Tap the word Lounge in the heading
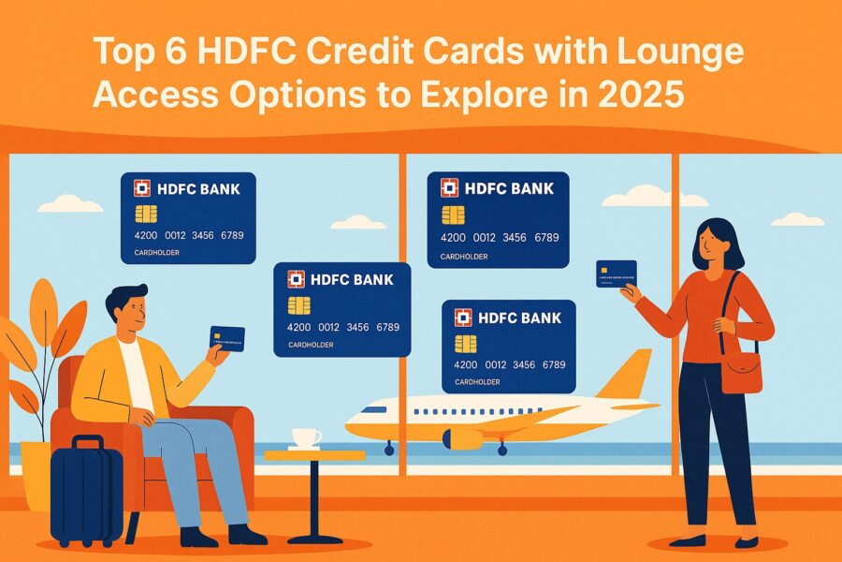(687, 52)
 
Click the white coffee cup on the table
(306, 437)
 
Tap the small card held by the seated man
(227, 337)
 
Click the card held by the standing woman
(616, 274)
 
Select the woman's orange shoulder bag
(741, 371)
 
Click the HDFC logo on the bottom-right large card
(463, 317)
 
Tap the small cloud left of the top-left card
(71, 202)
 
